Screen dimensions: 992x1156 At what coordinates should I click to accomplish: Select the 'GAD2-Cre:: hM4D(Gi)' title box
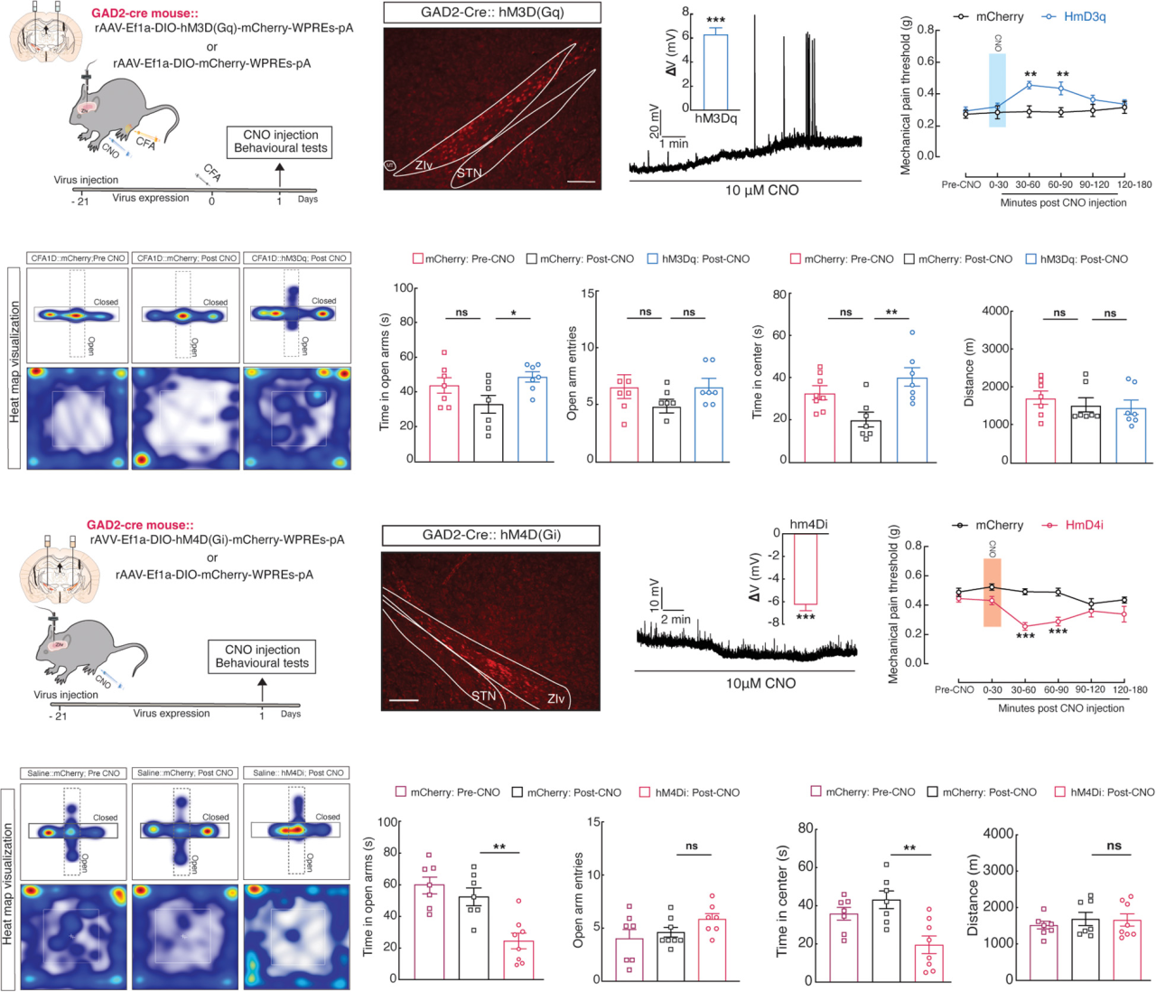(491, 535)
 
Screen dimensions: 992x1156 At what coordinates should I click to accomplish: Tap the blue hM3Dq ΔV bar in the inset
(715, 72)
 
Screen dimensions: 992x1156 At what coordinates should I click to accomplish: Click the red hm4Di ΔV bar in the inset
(805, 568)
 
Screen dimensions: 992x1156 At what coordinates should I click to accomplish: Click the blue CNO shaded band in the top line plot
(997, 89)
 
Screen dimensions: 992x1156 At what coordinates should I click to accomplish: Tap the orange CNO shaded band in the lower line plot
(992, 593)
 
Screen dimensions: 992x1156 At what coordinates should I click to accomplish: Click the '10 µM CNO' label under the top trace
(761, 191)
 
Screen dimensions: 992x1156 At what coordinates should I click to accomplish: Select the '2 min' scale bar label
(675, 619)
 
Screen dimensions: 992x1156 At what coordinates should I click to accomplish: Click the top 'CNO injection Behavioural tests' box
(280, 142)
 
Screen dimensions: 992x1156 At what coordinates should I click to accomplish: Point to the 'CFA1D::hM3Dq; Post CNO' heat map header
(298, 258)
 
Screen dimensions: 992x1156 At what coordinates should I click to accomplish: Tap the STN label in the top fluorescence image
(469, 173)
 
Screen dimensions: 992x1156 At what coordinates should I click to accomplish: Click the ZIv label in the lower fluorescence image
(555, 698)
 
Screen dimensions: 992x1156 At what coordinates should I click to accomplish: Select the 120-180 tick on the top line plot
(1133, 185)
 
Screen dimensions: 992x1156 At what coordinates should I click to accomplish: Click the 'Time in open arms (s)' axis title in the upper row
(385, 372)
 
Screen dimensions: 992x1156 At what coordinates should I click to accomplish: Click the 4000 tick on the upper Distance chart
(995, 311)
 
